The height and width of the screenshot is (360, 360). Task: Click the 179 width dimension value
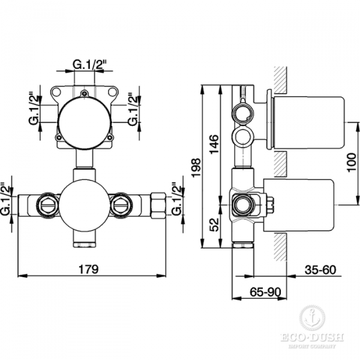pyautogui.click(x=88, y=269)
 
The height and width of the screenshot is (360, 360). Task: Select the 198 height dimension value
pyautogui.click(x=196, y=167)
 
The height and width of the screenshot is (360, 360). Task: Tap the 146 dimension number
pyautogui.click(x=214, y=145)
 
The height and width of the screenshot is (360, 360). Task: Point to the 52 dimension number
pyautogui.click(x=214, y=225)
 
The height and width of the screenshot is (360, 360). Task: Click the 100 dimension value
pyautogui.click(x=351, y=163)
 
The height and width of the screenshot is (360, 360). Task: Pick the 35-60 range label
pyautogui.click(x=320, y=270)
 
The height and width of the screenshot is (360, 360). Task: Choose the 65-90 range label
pyautogui.click(x=265, y=292)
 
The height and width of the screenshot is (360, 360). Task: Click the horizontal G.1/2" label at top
pyautogui.click(x=90, y=65)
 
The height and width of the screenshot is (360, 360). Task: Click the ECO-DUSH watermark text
pyautogui.click(x=312, y=337)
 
